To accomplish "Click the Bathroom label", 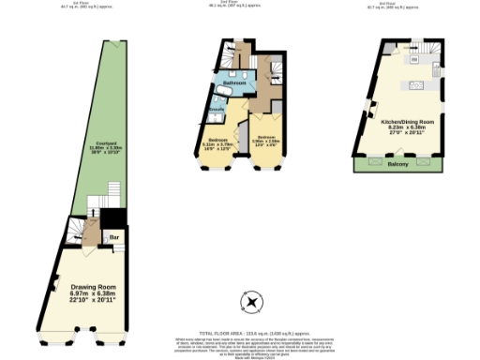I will (x=234, y=83).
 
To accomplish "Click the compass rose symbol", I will (x=250, y=302).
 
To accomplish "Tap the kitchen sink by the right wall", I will (x=436, y=70).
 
